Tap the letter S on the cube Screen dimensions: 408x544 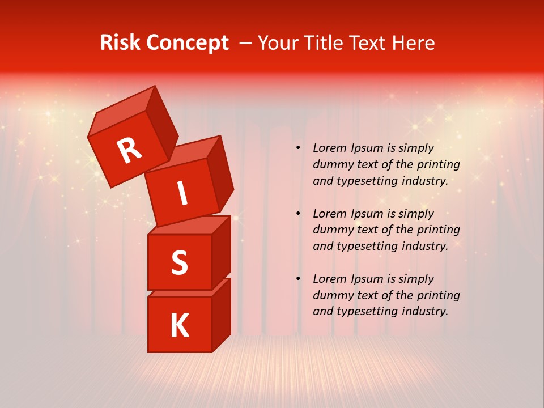click(x=179, y=262)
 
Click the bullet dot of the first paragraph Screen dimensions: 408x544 click(x=298, y=148)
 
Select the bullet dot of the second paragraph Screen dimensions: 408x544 click(x=298, y=214)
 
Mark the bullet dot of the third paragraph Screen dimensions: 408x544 click(x=298, y=279)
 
